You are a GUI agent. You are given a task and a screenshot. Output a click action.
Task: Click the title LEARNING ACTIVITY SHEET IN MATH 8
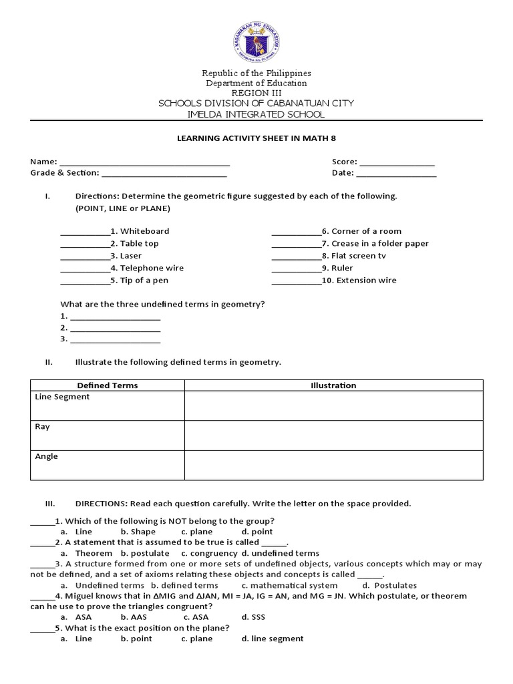(x=256, y=138)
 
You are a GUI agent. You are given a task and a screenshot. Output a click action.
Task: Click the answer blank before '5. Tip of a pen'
(x=85, y=282)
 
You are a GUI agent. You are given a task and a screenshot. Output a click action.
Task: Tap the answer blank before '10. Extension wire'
(x=297, y=282)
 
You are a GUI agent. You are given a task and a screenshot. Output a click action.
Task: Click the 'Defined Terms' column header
(x=108, y=385)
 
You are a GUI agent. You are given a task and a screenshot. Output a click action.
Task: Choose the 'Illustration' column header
(x=333, y=385)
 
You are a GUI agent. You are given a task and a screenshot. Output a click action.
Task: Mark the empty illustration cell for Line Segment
(x=333, y=405)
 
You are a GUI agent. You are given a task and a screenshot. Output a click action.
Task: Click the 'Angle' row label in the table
(x=46, y=457)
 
